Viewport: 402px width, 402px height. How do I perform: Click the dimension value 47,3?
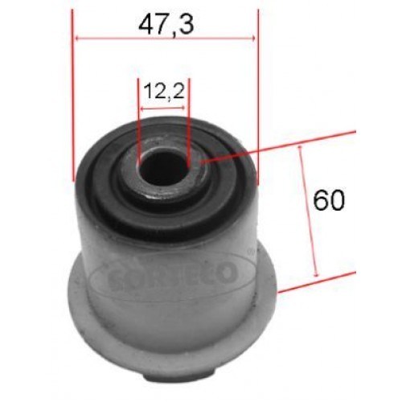tap(166, 23)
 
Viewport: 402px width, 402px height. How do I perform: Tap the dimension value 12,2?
tap(164, 91)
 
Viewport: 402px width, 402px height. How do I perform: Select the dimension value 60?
tap(329, 200)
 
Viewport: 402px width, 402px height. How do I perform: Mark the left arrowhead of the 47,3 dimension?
tap(77, 37)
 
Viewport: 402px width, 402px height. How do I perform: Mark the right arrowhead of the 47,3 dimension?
tap(253, 37)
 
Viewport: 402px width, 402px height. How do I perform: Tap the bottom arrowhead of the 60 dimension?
tap(316, 273)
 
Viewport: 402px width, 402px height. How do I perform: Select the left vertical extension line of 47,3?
tap(73, 96)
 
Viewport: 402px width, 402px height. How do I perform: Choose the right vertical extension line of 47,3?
tap(259, 96)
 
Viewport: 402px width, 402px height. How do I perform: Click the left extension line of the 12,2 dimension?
tap(139, 121)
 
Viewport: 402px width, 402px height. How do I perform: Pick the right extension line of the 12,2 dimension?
tap(188, 121)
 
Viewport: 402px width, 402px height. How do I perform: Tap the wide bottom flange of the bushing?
tap(169, 330)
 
